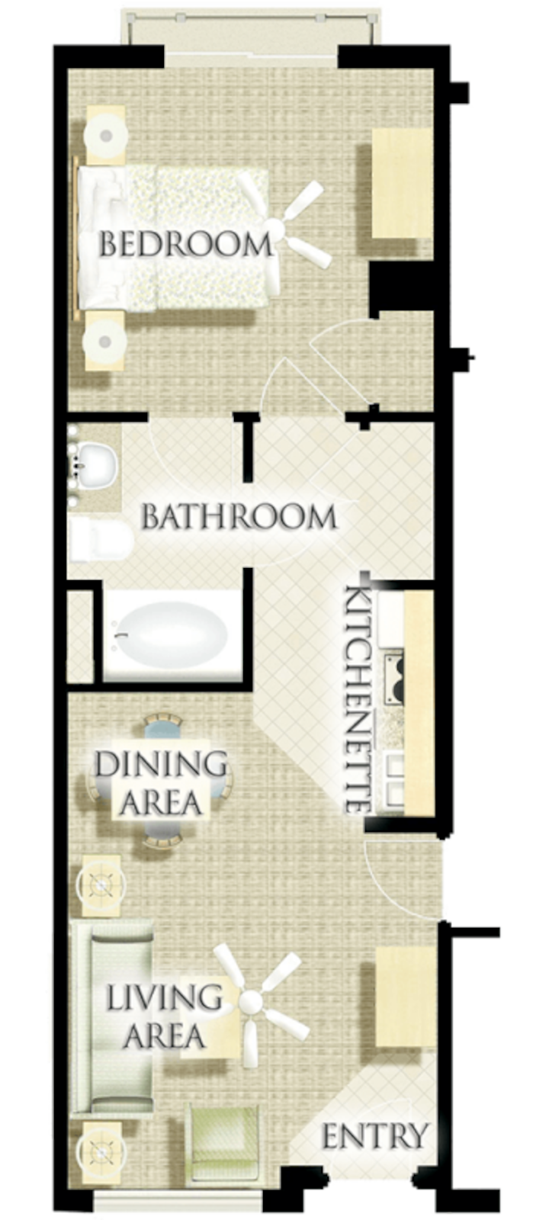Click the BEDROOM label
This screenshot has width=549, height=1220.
coord(185,244)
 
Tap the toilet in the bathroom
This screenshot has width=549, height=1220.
coord(101,541)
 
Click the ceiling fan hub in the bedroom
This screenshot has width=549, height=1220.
coord(277,230)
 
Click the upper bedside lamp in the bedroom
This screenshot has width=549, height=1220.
coord(107,134)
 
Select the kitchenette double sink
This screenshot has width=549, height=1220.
coord(394,773)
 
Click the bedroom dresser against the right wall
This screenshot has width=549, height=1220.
coord(402,183)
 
